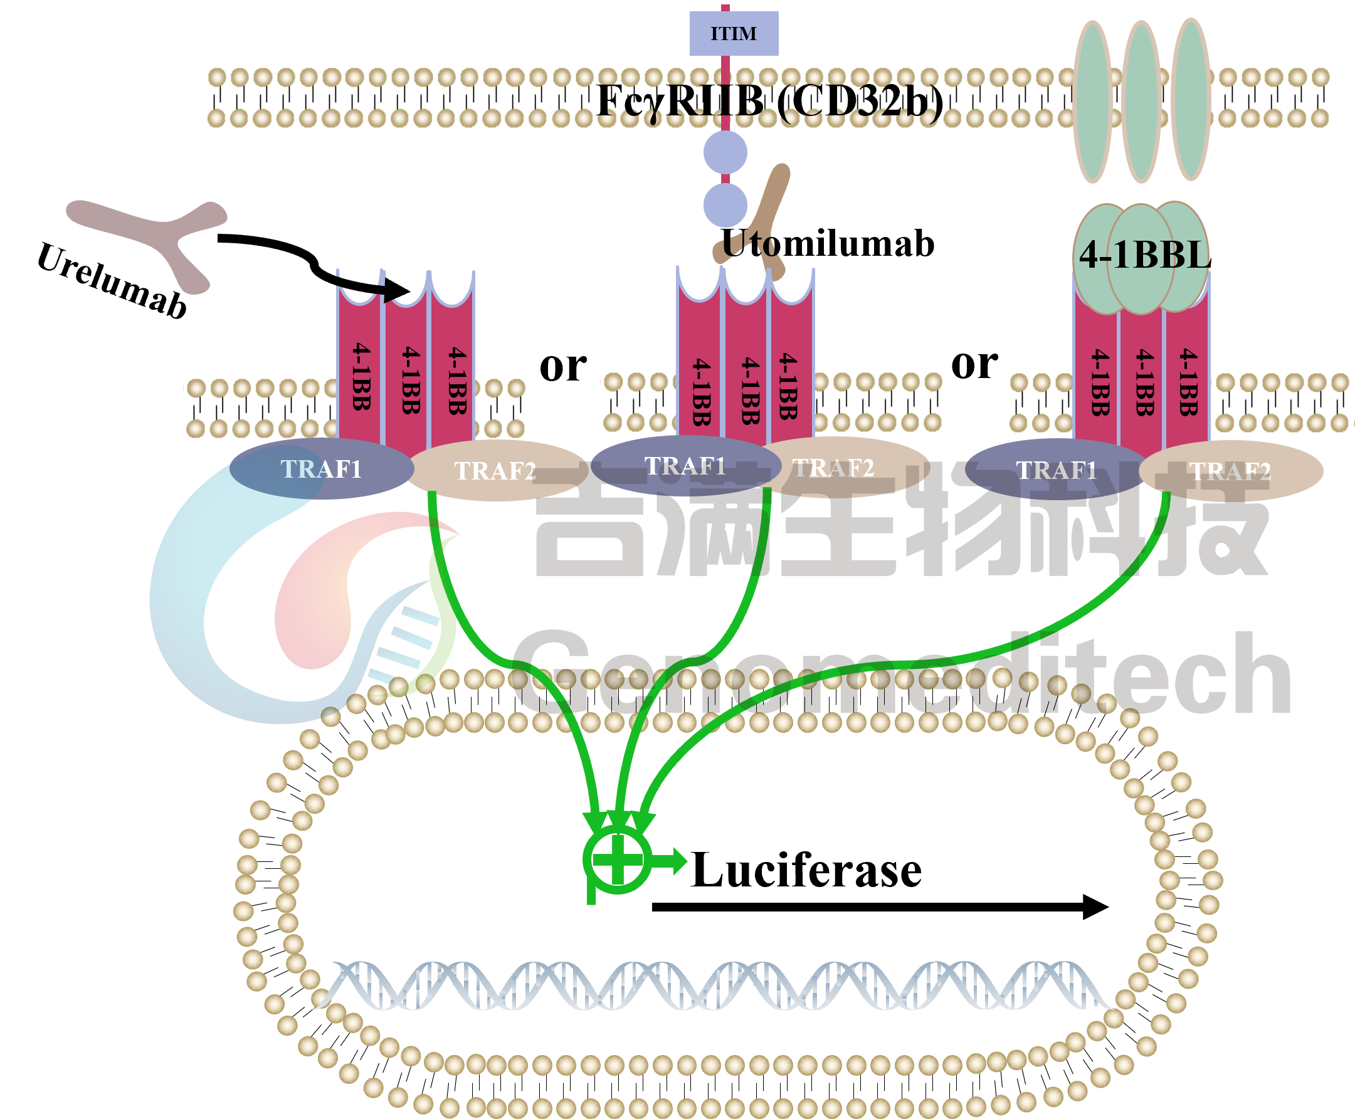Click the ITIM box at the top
point(734,33)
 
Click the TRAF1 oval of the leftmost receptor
point(321,469)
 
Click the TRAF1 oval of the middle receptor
point(685,465)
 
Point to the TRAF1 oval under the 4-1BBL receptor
point(1056,470)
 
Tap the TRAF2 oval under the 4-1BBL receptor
point(1230,471)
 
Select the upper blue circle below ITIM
point(725,153)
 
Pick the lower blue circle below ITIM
point(725,205)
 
